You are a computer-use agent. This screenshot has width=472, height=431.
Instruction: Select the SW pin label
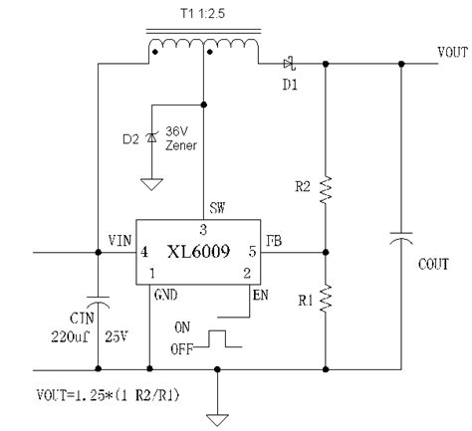pyautogui.click(x=216, y=209)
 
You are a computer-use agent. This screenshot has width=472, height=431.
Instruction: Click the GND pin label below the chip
pyautogui.click(x=165, y=295)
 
